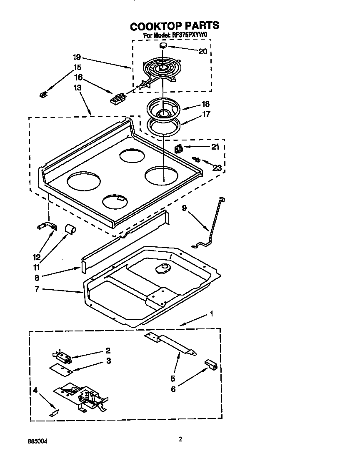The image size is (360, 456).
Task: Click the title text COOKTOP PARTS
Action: point(174,26)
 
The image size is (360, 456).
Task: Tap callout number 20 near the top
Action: point(202,51)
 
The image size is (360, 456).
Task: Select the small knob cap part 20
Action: point(164,45)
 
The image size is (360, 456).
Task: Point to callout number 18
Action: point(205,104)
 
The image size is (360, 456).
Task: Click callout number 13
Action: point(77,88)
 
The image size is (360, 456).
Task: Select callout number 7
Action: point(37,289)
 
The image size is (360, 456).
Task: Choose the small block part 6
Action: point(211,365)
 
